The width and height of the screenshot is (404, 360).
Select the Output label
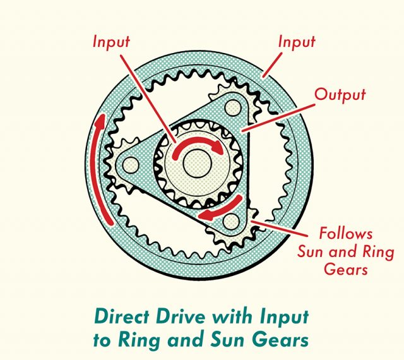tap(340, 94)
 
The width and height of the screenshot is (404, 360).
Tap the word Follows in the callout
tap(345, 233)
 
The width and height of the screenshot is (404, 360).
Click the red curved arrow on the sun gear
tap(196, 145)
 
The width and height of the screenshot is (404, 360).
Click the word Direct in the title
tap(119, 315)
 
